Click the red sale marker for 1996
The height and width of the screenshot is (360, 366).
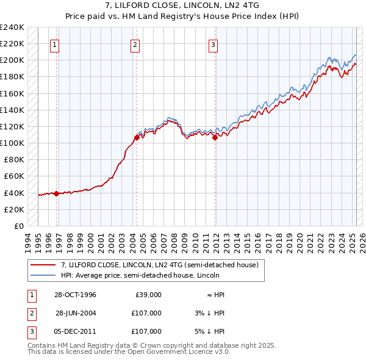click(57, 193)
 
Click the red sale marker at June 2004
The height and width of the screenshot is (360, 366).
click(137, 137)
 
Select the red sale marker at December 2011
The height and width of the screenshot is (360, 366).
click(215, 137)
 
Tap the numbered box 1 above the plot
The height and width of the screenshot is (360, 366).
click(55, 44)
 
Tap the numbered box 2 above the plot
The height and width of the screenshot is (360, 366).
click(135, 44)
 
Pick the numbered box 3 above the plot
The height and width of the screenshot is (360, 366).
click(213, 44)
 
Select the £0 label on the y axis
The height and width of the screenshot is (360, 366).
click(18, 226)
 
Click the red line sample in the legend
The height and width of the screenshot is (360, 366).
click(43, 265)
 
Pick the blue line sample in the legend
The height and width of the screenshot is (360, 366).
click(43, 275)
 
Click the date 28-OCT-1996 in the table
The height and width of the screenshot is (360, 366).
click(75, 295)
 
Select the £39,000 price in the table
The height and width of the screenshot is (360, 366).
click(148, 295)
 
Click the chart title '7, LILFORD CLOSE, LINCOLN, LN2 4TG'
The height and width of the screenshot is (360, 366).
click(183, 6)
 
